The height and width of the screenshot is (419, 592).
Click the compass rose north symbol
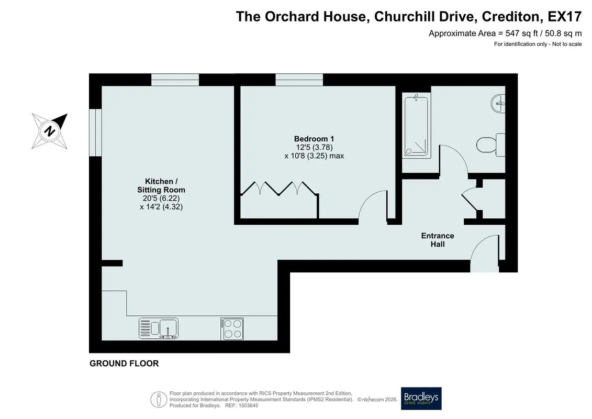pos(49,131)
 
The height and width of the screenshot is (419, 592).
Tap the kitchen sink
pos(159,328)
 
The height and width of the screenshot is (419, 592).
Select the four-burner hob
pos(232,329)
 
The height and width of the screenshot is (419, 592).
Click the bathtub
pos(416,125)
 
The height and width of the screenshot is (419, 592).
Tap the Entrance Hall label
pos(438,240)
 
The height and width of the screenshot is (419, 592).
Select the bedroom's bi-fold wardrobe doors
pos(278,188)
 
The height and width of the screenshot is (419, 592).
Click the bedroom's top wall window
pos(299,80)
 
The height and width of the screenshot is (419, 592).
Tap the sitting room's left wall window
pos(95,132)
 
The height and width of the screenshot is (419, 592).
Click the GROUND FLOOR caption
pos(124,363)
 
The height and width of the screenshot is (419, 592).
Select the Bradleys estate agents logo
pos(421,399)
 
